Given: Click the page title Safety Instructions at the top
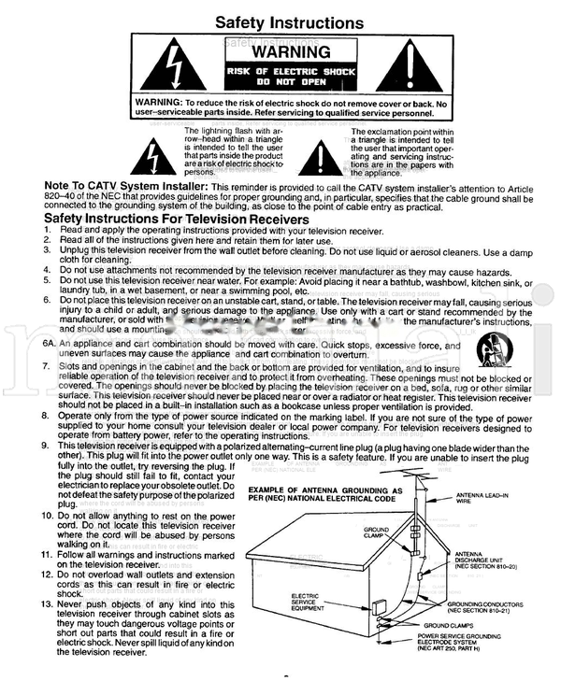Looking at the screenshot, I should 289,22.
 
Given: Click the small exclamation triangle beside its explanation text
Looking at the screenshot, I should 321,154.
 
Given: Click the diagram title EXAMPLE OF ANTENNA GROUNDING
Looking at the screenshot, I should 324,494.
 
